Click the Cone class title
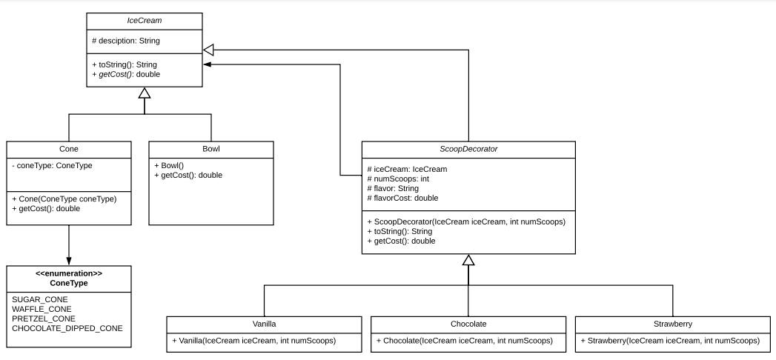click(68, 149)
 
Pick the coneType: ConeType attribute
click(52, 165)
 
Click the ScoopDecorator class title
click(468, 149)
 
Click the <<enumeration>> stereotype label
click(69, 274)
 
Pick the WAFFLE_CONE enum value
click(42, 308)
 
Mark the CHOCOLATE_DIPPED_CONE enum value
click(67, 327)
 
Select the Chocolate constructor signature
click(468, 341)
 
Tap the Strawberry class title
click(673, 324)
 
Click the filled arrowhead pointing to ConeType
click(69, 260)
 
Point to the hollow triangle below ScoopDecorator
click(468, 260)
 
